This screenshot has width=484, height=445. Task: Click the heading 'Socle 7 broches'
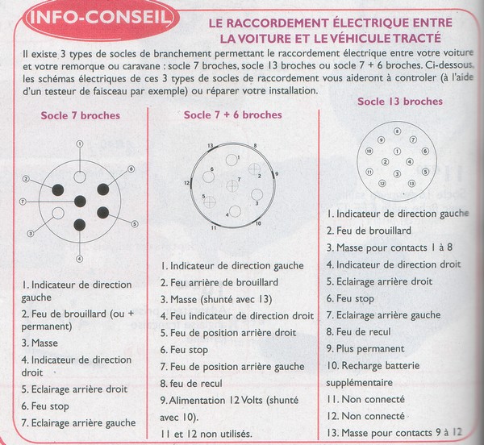tap(80, 115)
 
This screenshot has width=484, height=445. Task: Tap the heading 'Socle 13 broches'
tap(399, 102)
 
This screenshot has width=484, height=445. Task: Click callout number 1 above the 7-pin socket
tap(80, 143)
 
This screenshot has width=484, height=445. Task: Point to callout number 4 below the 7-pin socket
tap(79, 259)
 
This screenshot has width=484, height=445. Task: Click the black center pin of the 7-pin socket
tap(80, 201)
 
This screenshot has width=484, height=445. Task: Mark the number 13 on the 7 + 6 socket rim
tap(211, 145)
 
